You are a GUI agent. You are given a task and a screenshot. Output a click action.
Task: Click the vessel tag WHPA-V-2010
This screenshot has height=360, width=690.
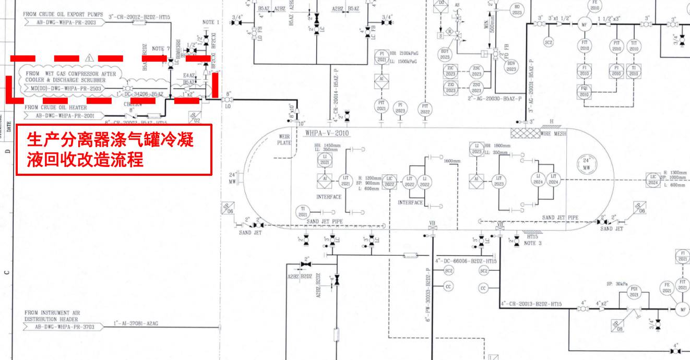coord(327,134)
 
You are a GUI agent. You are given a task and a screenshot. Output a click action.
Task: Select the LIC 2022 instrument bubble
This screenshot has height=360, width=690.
coord(389,181)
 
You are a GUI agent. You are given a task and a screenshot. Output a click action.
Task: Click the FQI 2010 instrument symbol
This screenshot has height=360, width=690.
coord(584,91)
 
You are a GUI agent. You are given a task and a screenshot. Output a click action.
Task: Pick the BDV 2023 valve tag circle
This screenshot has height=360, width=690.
coord(511,66)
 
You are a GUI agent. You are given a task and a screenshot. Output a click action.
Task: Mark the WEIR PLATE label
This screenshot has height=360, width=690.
coord(284,139)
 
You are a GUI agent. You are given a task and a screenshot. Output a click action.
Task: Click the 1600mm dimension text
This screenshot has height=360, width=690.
coord(452,161)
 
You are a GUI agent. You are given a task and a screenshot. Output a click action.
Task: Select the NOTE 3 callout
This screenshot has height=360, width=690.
coord(533,243)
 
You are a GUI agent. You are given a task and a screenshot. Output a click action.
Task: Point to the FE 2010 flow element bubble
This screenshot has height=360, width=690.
coord(594,5)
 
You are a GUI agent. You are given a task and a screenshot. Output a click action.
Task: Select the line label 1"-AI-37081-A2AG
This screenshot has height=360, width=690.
coord(136,323)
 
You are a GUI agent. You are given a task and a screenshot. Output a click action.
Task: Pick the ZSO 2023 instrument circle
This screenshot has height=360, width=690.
coord(477,87)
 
